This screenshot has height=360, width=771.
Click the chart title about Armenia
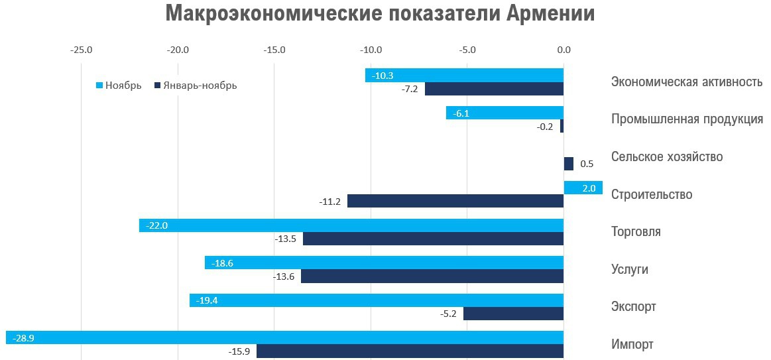[x=380, y=15]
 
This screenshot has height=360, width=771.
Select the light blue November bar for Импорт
[x=285, y=337]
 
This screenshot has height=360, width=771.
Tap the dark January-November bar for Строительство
[x=455, y=201]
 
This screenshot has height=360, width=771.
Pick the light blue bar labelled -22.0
[x=351, y=225]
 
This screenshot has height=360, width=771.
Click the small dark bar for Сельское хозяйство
[x=568, y=164]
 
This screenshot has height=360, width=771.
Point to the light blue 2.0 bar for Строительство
[x=583, y=188]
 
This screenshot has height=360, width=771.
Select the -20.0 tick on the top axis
[x=178, y=50]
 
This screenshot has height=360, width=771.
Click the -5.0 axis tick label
[x=467, y=50]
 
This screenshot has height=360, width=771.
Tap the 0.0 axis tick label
[x=563, y=50]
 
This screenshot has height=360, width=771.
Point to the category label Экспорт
[x=633, y=307]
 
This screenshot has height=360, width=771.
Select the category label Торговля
[x=635, y=232]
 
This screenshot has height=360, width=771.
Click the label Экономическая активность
[x=686, y=82]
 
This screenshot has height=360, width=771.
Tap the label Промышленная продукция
[x=686, y=119]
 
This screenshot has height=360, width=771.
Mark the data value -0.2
[x=545, y=127]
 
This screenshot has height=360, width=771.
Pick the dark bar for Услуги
[x=432, y=276]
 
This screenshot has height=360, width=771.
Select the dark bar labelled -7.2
[x=494, y=89]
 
